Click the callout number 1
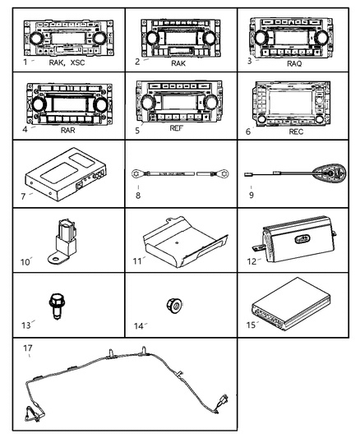pyautogui.click(x=25, y=62)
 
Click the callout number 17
pyautogui.click(x=28, y=347)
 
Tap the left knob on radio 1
pyautogui.click(x=35, y=37)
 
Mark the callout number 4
pyautogui.click(x=25, y=129)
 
